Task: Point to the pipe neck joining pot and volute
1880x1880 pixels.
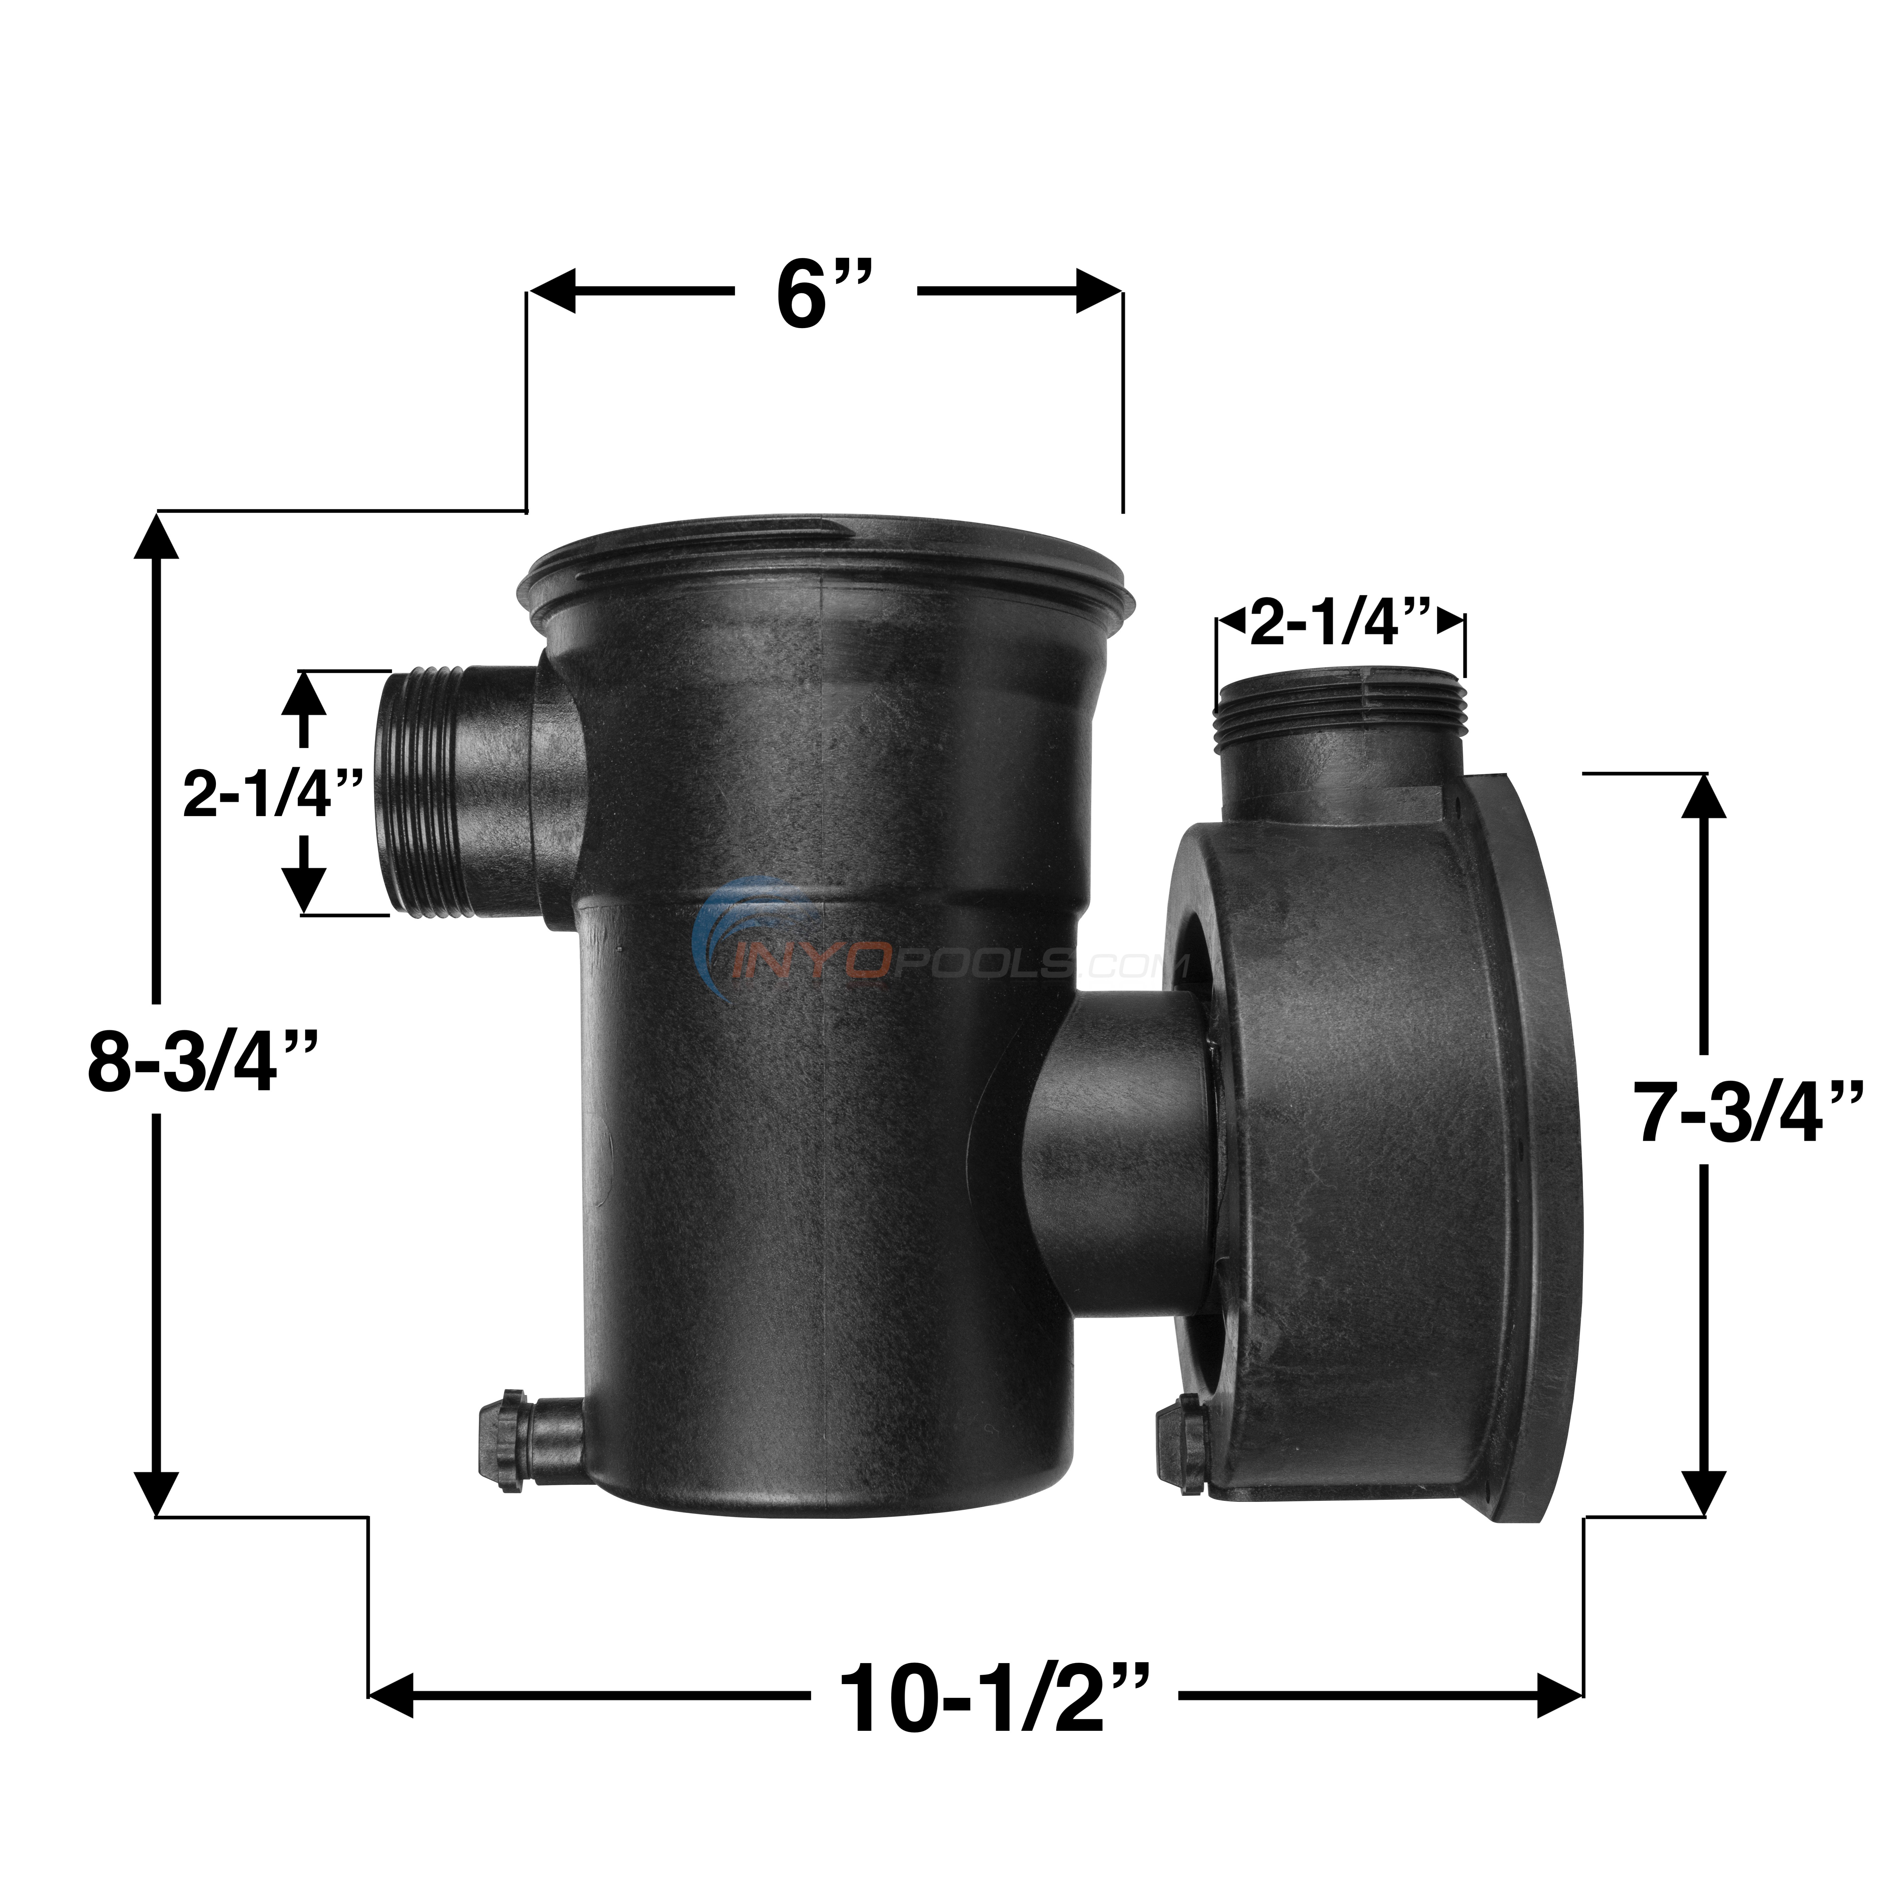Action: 1119,1138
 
